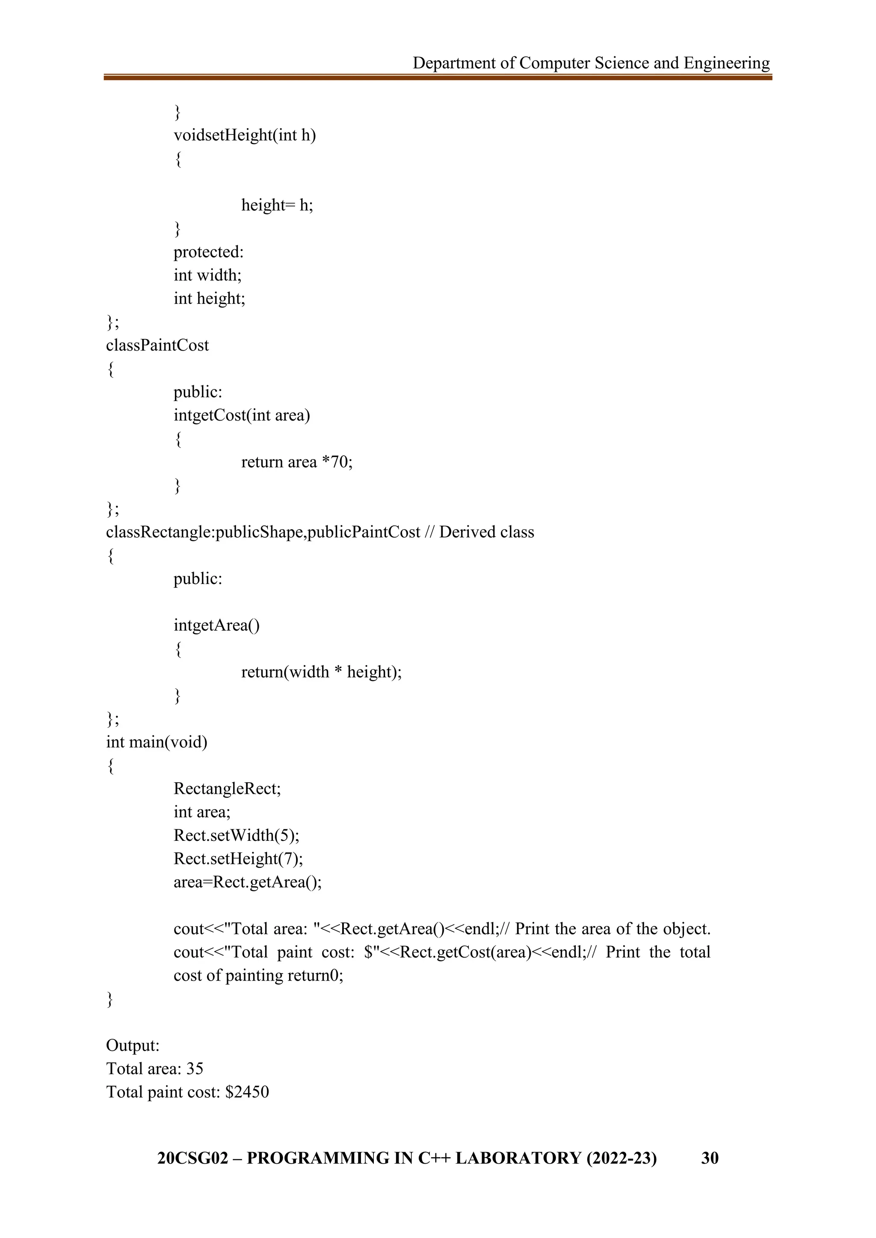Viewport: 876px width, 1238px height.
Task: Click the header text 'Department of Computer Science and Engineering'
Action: pyautogui.click(x=591, y=63)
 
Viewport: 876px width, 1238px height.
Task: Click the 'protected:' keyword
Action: pyautogui.click(x=208, y=252)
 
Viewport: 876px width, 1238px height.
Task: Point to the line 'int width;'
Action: pyautogui.click(x=207, y=275)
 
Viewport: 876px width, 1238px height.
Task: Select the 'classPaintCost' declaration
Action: pyautogui.click(x=157, y=345)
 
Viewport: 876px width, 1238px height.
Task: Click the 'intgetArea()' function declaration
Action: pyautogui.click(x=216, y=625)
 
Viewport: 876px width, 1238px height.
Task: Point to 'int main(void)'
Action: pyautogui.click(x=157, y=742)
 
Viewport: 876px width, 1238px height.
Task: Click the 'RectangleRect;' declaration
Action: pyautogui.click(x=227, y=789)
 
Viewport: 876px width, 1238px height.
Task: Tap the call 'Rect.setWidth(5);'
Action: pyautogui.click(x=236, y=835)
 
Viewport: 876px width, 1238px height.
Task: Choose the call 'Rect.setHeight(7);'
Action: pyautogui.click(x=238, y=858)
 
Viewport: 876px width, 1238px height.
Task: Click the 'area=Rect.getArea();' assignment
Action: pyautogui.click(x=247, y=882)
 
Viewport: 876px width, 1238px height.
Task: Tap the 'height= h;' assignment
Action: pyautogui.click(x=277, y=206)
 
